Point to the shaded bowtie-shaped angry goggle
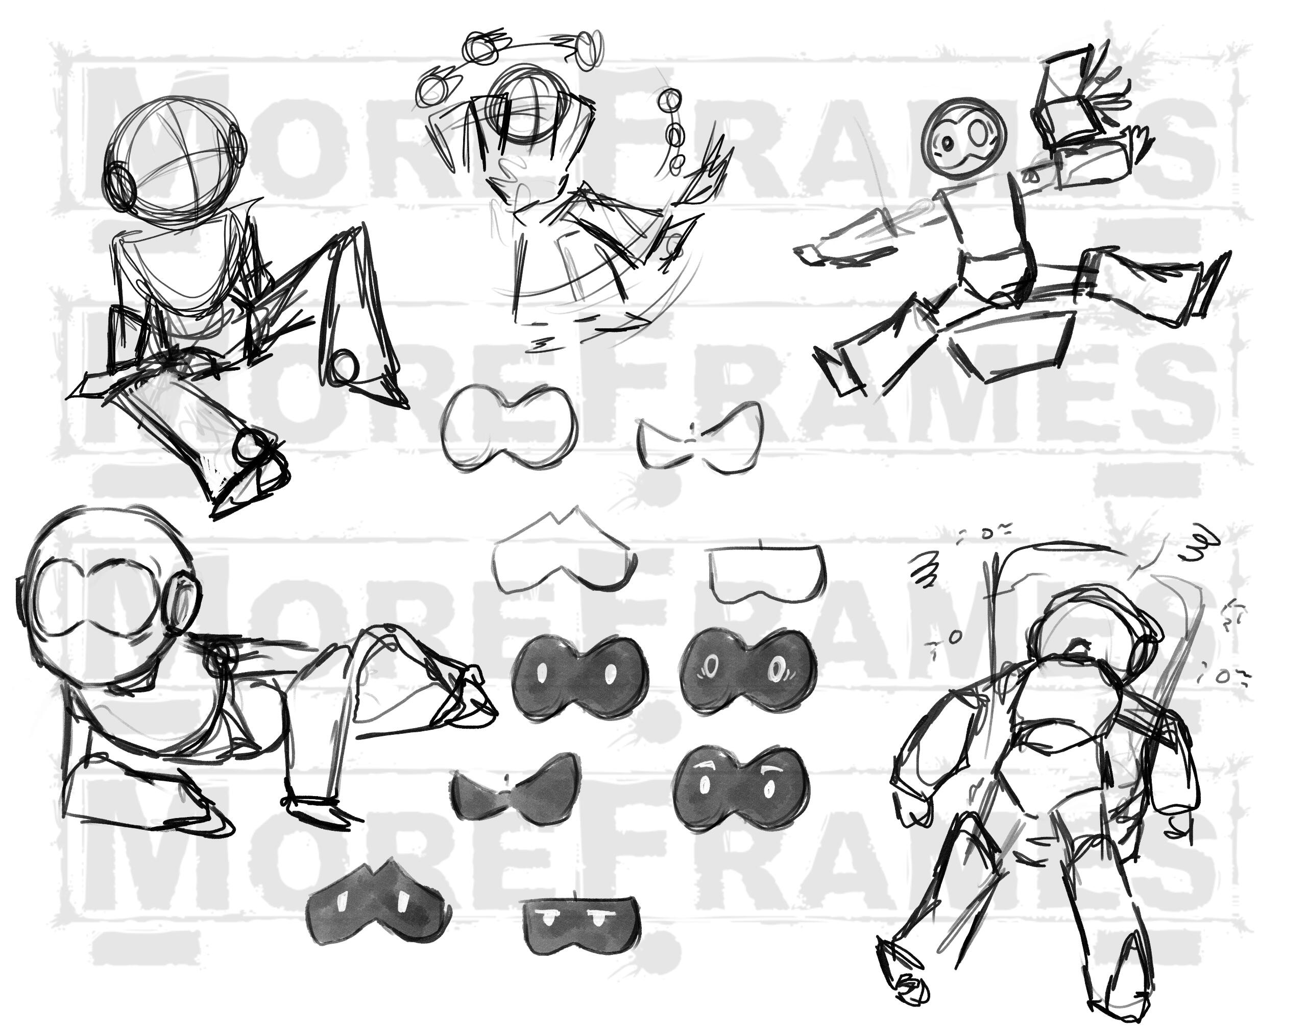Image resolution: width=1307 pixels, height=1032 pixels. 515,789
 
